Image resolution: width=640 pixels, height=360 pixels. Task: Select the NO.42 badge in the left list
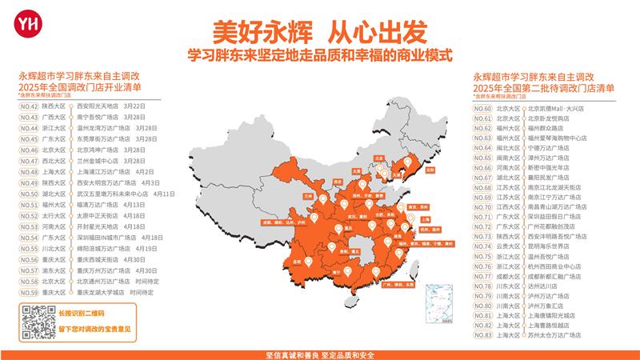point(29,105)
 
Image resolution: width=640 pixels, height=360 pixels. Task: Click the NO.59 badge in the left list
point(29,292)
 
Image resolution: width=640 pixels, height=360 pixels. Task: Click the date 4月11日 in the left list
point(163,194)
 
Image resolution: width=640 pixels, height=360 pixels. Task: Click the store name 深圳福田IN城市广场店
point(107,238)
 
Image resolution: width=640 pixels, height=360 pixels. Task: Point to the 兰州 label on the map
point(307,194)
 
